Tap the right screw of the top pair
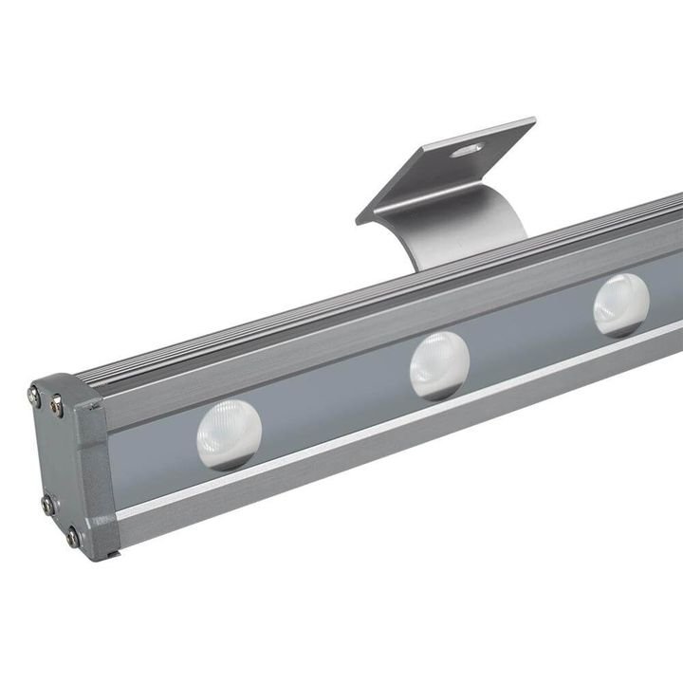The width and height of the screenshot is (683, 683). [57, 406]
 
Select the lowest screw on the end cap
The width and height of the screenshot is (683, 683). [73, 538]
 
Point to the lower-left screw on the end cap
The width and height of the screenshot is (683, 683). [47, 504]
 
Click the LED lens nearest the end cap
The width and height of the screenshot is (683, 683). [229, 434]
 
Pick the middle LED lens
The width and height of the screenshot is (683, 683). [439, 365]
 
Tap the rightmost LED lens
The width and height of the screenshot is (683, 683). [621, 305]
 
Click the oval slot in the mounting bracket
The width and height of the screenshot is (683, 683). [467, 149]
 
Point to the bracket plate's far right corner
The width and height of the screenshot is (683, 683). [534, 120]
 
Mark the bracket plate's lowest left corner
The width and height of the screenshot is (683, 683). [359, 222]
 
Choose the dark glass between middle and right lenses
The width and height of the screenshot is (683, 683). [531, 337]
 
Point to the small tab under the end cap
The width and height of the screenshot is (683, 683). [112, 553]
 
